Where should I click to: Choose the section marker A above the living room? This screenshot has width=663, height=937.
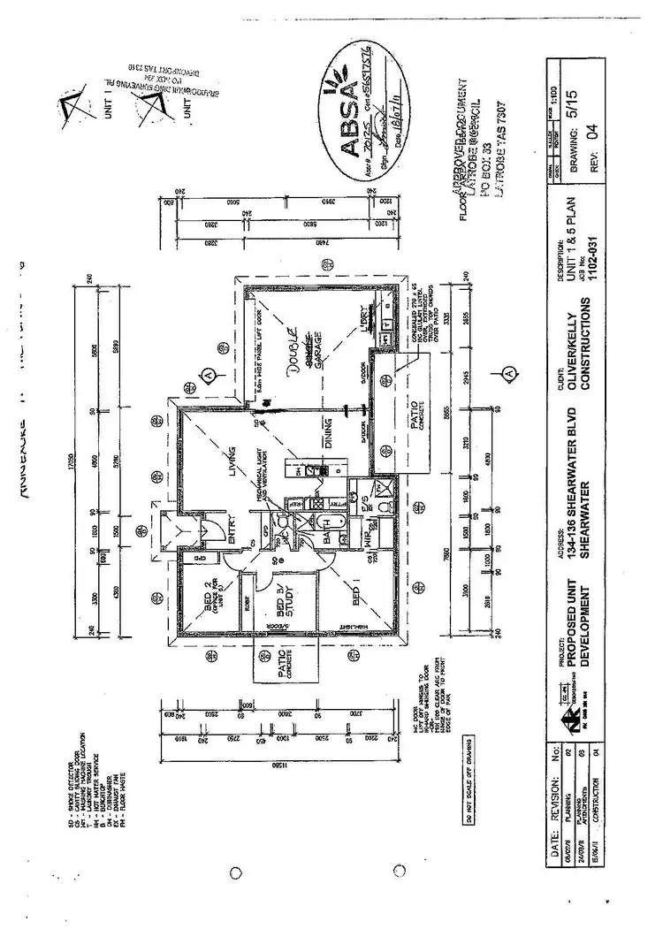pos(208,374)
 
